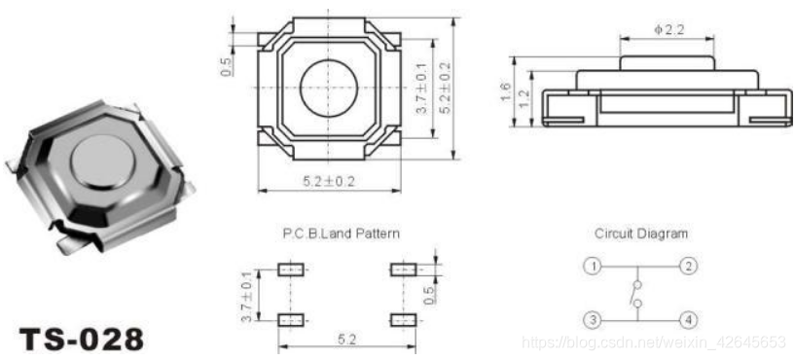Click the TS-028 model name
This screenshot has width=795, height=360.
[x=81, y=340]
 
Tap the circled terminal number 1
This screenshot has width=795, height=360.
[x=592, y=267]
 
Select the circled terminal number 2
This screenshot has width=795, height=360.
[x=688, y=267]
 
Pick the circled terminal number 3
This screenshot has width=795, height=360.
[x=592, y=320]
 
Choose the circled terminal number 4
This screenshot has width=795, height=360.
[x=688, y=320]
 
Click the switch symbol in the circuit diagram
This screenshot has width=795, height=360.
[x=636, y=294]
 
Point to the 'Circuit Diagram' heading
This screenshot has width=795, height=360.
[x=641, y=234]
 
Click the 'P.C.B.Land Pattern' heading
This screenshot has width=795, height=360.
[x=341, y=234]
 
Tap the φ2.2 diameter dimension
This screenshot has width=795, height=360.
[x=669, y=29]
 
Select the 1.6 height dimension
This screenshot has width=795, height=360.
[x=505, y=91]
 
